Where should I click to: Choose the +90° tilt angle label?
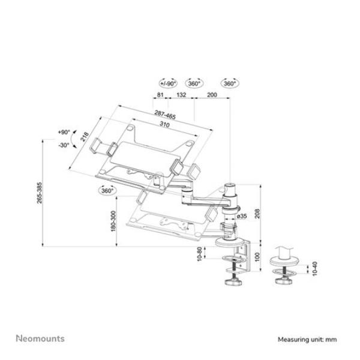(x=64, y=131)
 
